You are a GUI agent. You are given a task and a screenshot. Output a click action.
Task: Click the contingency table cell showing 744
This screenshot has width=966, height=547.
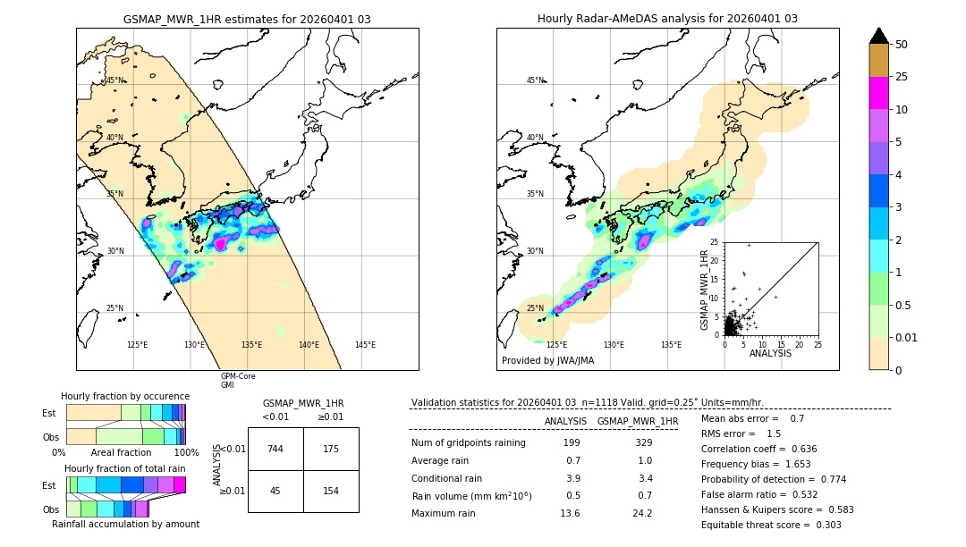[x=275, y=449]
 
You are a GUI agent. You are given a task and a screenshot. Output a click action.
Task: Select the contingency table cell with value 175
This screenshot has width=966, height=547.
[x=331, y=449]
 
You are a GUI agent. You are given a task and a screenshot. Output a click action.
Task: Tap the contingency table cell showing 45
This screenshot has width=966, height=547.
[x=275, y=491]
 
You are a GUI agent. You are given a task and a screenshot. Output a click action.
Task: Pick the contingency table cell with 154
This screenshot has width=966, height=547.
[x=331, y=491]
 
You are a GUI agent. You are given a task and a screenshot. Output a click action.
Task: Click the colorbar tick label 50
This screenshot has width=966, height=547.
[x=902, y=45]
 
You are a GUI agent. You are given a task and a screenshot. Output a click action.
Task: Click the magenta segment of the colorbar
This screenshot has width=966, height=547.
[x=879, y=93]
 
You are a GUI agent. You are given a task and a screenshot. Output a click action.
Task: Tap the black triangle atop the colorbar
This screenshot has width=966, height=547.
[x=879, y=36]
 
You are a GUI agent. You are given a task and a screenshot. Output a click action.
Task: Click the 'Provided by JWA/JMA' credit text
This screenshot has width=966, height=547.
[x=547, y=360]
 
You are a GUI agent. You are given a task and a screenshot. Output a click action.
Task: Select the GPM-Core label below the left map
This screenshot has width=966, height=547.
[x=238, y=376]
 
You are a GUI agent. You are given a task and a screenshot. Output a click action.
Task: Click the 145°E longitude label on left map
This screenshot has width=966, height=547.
[x=365, y=345]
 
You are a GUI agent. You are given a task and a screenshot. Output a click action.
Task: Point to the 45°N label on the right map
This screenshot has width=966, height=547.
[x=535, y=80]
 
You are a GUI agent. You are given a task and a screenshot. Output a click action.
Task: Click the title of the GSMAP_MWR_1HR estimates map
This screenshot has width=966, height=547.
[x=247, y=19]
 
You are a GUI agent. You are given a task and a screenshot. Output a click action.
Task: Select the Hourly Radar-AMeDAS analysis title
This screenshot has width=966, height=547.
[x=667, y=19]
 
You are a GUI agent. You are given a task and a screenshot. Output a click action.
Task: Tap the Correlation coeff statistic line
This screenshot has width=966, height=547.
[x=758, y=449]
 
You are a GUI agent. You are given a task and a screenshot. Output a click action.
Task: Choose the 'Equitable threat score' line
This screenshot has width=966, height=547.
[x=771, y=525]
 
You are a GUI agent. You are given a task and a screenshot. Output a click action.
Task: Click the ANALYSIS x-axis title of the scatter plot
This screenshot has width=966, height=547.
[x=770, y=353]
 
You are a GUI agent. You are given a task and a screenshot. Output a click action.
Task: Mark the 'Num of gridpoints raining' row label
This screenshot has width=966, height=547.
[x=468, y=443]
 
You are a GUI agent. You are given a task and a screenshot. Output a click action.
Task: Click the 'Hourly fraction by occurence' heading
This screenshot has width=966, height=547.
[x=125, y=396]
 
